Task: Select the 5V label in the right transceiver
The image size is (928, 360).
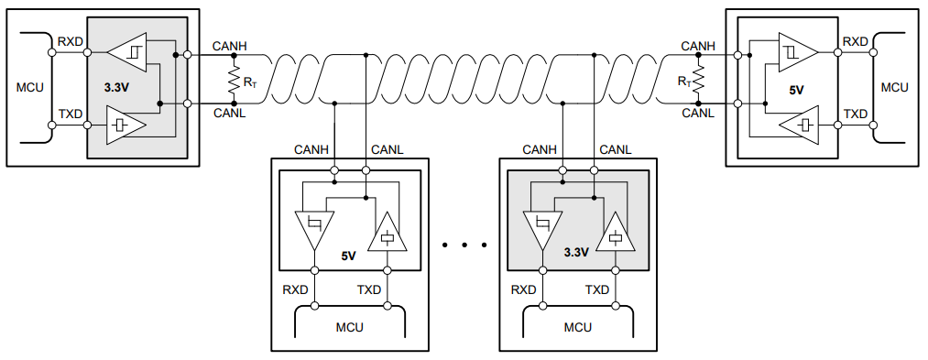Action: [795, 90]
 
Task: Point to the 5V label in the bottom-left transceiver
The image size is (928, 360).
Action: [348, 256]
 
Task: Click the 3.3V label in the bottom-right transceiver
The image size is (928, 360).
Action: [575, 252]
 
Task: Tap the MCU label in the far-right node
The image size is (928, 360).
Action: [893, 87]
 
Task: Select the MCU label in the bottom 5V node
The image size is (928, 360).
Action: [349, 327]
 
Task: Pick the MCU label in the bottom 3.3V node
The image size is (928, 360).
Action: [577, 327]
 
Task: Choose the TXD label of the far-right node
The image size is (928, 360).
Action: [855, 114]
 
